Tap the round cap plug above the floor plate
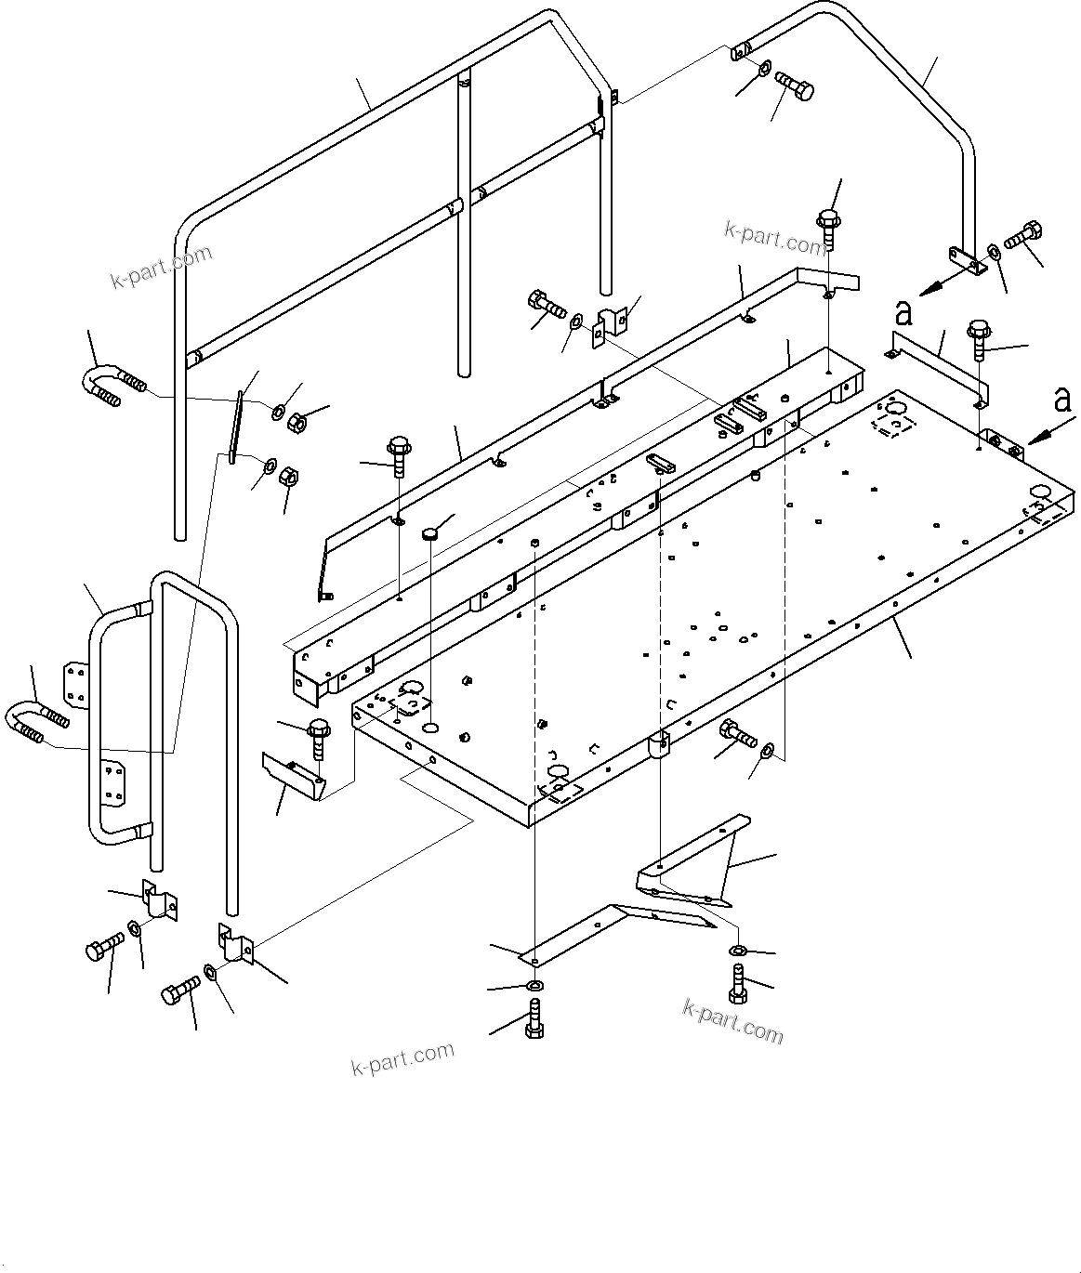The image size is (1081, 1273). click(x=429, y=533)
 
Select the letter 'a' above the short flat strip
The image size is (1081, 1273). click(x=902, y=310)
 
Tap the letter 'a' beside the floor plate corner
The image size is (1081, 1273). click(x=1061, y=400)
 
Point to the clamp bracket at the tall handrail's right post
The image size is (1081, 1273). click(x=610, y=325)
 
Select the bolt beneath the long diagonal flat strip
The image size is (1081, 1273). click(x=534, y=1018)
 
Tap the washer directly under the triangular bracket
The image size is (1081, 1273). click(x=735, y=950)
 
